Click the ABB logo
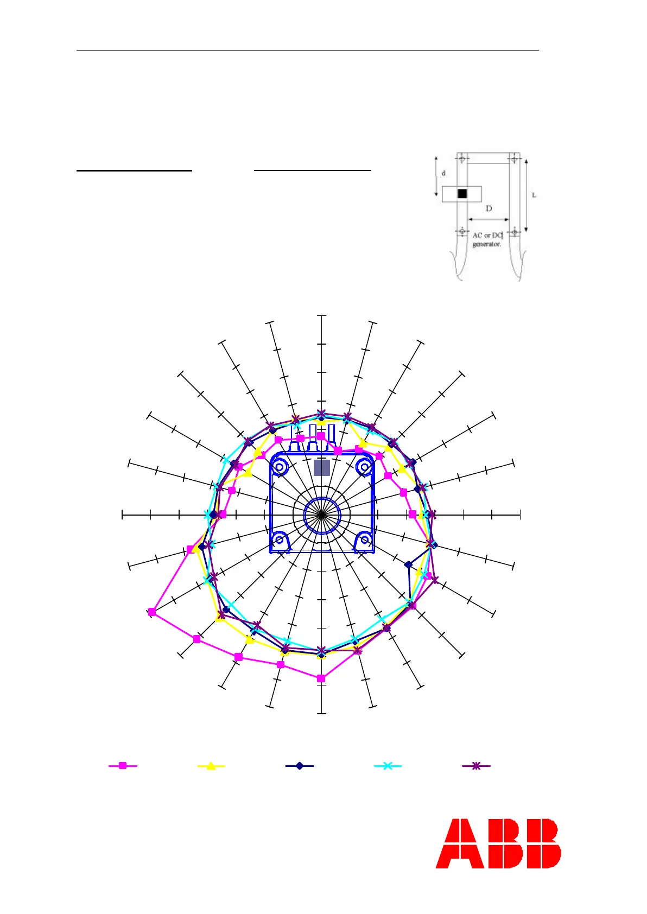pos(498,843)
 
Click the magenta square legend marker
pos(123,766)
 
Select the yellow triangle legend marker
pos(211,766)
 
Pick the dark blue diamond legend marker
pos(300,766)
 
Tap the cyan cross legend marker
pos(388,766)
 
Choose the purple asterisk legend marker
pos(476,766)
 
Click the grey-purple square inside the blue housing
pos(322,468)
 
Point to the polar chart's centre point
pos(322,516)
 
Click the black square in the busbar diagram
pos(462,193)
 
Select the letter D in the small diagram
pos(489,208)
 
